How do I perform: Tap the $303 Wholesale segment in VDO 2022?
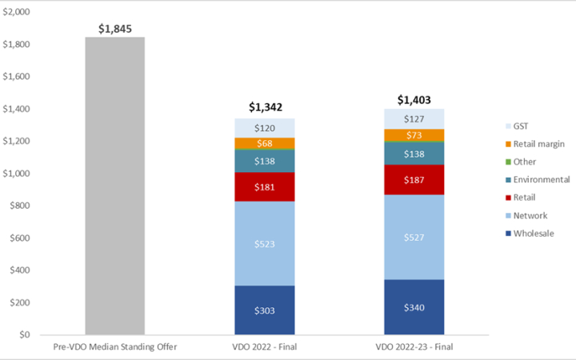(x=265, y=310)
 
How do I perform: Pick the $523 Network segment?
(x=265, y=243)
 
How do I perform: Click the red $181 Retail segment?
(x=265, y=186)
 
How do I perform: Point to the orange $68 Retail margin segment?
(x=265, y=143)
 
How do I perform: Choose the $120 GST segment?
(x=265, y=128)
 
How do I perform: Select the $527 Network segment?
(x=414, y=237)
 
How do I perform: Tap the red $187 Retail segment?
(x=414, y=179)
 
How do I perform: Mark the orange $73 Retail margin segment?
(x=414, y=135)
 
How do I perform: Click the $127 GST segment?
(x=414, y=119)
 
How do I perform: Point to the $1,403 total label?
(x=414, y=100)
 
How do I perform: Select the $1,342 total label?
(x=265, y=106)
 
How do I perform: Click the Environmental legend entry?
(x=536, y=179)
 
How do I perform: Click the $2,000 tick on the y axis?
(x=16, y=12)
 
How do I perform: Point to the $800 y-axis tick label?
(x=19, y=206)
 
